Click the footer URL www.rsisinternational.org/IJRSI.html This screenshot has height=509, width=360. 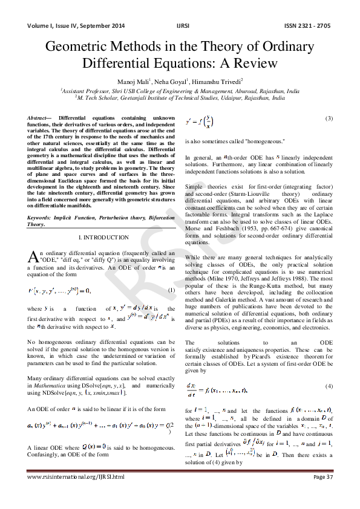click(x=77, y=494)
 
